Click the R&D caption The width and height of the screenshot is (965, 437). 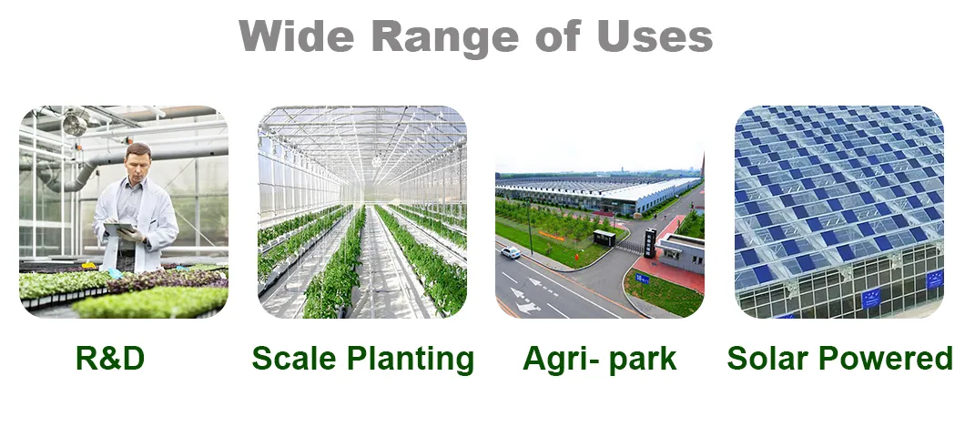click(109, 358)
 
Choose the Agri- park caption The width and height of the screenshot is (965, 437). click(599, 358)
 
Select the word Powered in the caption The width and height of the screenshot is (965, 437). click(889, 358)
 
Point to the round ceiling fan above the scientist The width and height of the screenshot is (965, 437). click(75, 124)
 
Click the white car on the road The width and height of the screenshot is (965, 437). click(511, 252)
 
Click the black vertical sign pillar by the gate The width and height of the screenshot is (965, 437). click(649, 242)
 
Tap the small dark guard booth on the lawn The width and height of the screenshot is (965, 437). click(604, 238)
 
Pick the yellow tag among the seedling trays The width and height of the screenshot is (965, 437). click(88, 266)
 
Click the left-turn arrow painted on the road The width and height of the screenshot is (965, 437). click(525, 295)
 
